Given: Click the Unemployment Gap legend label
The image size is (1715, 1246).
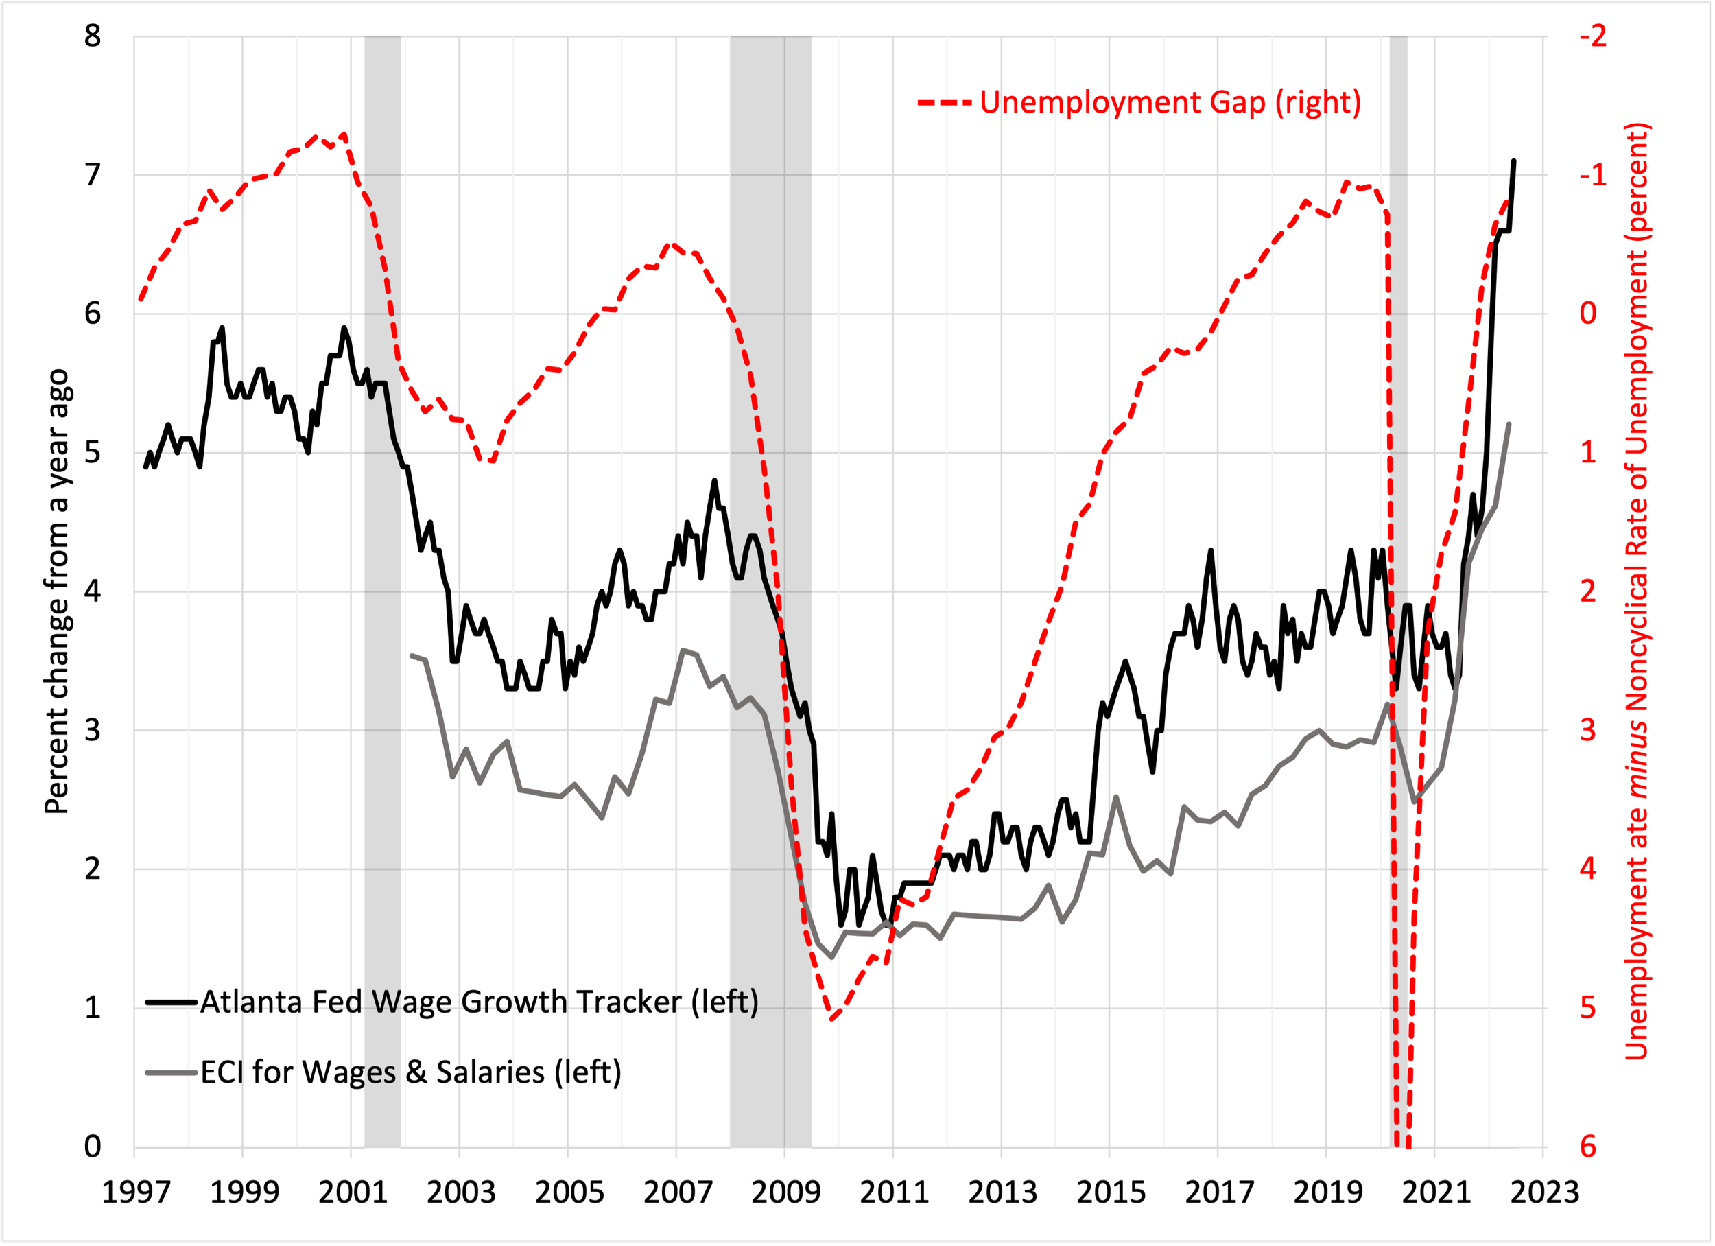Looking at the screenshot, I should [1170, 102].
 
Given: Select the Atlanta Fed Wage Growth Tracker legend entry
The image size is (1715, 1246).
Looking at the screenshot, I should [479, 1002].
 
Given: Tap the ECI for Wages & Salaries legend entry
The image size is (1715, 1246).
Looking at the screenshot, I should [411, 1072].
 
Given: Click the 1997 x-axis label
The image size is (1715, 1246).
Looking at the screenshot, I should [136, 1192].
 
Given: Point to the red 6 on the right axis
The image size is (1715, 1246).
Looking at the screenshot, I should [1588, 1146].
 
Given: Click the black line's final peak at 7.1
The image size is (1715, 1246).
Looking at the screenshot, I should [1513, 161].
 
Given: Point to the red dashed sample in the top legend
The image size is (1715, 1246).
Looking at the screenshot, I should [945, 102].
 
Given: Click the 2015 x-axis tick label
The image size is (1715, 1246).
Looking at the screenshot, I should [1111, 1192].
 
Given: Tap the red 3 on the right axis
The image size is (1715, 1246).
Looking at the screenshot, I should [1588, 731].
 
